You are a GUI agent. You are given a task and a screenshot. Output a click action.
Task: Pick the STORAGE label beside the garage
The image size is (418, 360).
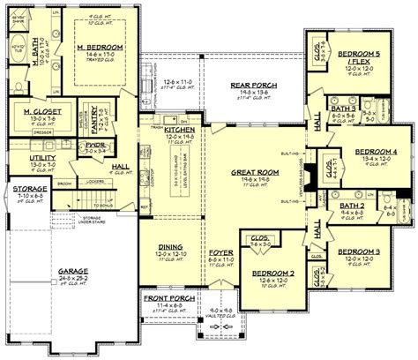29,187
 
